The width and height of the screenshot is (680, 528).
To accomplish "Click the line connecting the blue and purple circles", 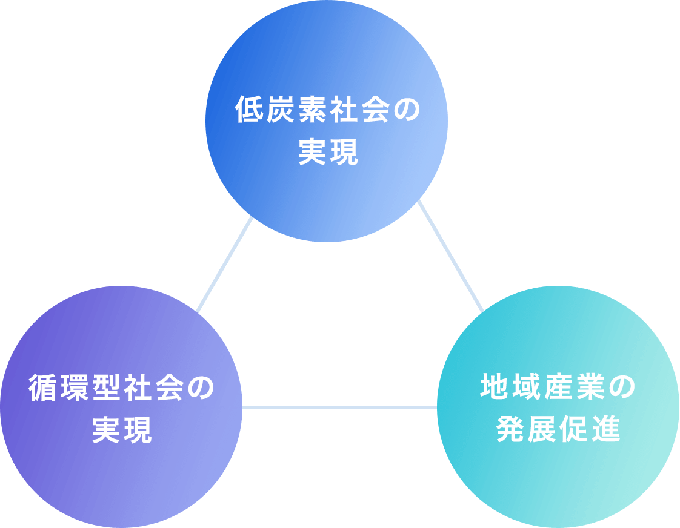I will (x=224, y=265).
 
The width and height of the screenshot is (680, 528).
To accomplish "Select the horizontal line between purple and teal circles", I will (x=339, y=407).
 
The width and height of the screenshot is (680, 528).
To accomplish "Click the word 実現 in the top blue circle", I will (x=328, y=153).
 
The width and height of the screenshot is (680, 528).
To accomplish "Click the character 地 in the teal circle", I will (x=495, y=388).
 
